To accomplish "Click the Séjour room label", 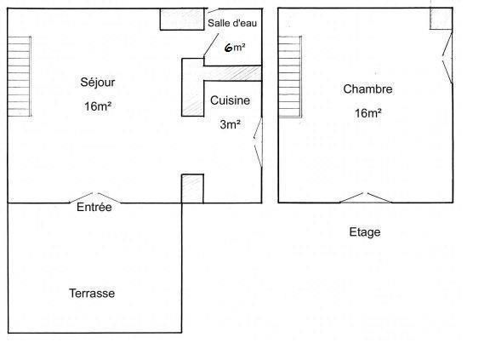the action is point(98,83).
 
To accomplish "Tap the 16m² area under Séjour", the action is point(98,106).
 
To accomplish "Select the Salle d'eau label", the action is point(232,23).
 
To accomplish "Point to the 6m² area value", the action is point(235,48).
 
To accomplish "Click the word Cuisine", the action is point(230,100).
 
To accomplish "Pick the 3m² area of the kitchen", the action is point(230,124).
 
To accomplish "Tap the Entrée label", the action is point(94,207).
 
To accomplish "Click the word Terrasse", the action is point(92,293).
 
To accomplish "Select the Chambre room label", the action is point(367,89).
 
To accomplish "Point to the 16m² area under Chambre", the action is point(367,113).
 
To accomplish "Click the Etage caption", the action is point(365,232).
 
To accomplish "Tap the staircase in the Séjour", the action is point(20,77).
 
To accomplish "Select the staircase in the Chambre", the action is point(290,77).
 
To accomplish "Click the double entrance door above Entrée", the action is point(95,198).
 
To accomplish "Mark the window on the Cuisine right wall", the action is point(258,142).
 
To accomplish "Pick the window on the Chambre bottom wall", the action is point(366,197).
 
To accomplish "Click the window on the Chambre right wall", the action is point(447,57).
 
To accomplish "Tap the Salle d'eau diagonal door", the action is point(211,44).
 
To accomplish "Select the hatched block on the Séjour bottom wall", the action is point(192,189).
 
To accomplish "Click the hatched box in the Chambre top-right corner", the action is point(441,19).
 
